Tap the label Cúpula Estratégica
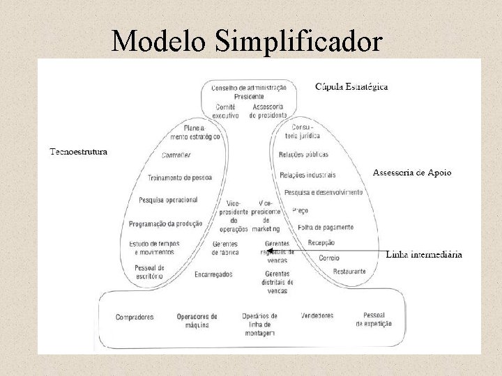coord(351,87)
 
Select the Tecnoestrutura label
coord(79,152)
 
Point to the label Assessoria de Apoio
coord(412,172)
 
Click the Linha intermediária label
coord(423,255)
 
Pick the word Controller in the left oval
coord(176,155)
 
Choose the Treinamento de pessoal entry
coord(180,178)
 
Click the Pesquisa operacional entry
coord(168,200)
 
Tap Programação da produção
coord(165,224)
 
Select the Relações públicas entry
coord(303,154)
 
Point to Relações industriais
coord(307,174)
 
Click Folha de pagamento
coord(325,227)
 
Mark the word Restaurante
coord(349,270)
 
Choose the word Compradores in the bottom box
coord(135,317)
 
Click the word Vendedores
coord(317,315)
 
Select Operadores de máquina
coord(197,320)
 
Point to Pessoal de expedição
coord(374,320)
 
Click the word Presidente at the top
coord(249,97)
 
